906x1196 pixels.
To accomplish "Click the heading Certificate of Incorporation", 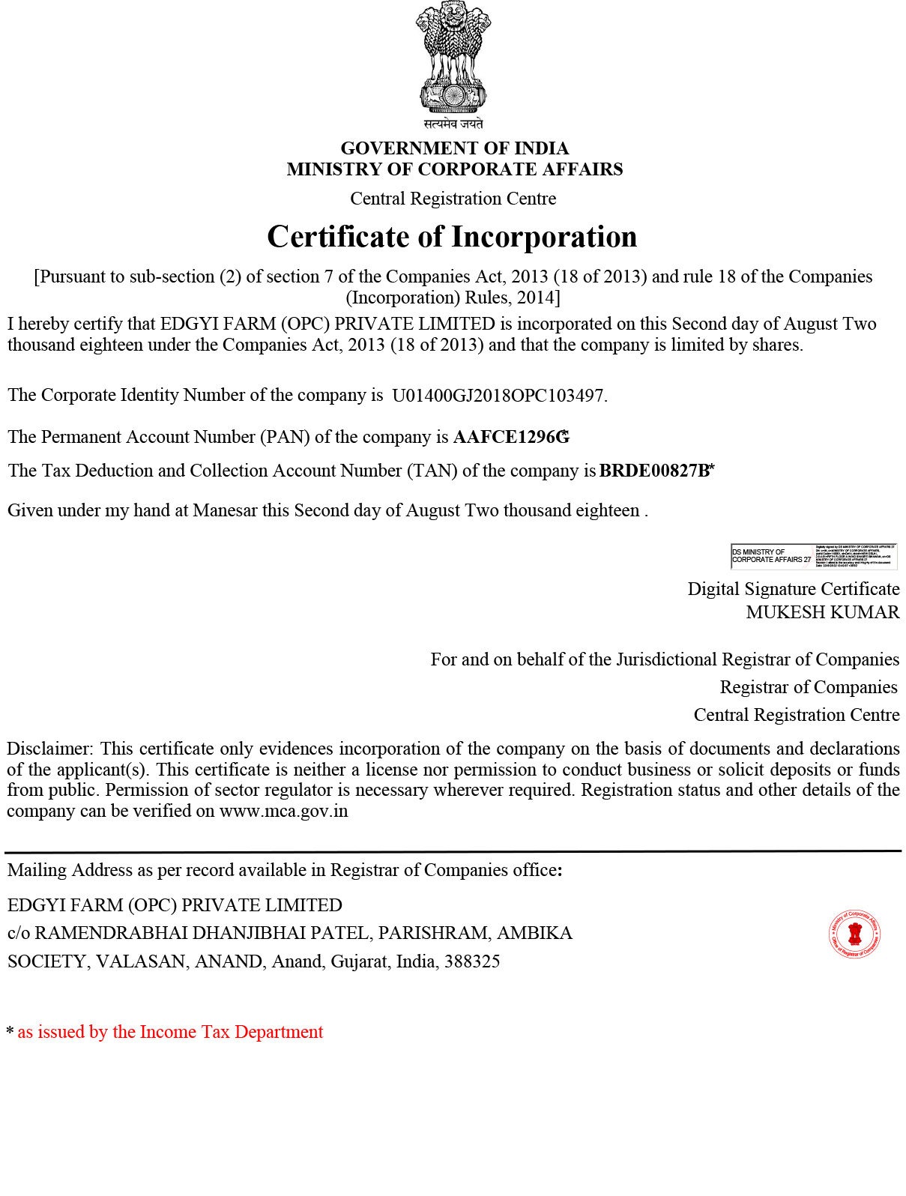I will [x=452, y=237].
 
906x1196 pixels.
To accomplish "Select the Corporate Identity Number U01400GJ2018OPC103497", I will [x=498, y=396].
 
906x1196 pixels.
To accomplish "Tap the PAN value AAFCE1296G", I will [x=510, y=437].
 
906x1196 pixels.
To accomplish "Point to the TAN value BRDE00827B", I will [x=654, y=471].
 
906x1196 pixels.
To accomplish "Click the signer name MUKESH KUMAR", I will [x=822, y=612].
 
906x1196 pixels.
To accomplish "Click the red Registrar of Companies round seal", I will [x=854, y=934].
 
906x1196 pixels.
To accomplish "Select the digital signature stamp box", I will [x=813, y=557].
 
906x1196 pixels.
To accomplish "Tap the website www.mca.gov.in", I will [x=283, y=811].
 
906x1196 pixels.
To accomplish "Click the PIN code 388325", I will [x=472, y=961].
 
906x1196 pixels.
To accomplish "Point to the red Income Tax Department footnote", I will [x=170, y=1032].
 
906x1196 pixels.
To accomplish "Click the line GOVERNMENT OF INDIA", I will [x=454, y=148].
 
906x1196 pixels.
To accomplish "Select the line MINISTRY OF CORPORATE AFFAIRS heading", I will [x=454, y=169].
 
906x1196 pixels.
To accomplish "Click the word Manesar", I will [x=225, y=510].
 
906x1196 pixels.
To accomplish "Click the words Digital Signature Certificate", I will [x=794, y=589].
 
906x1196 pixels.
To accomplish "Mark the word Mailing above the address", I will [x=36, y=870].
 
